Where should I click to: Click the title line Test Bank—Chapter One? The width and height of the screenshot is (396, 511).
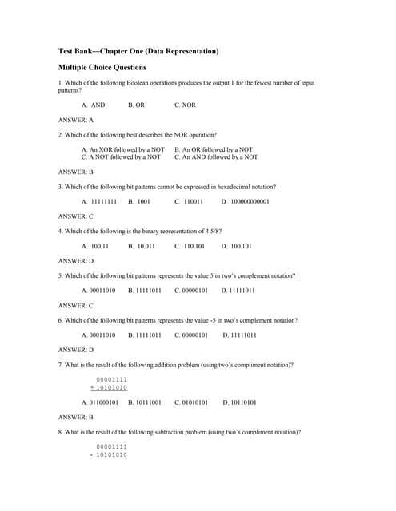pos(138,51)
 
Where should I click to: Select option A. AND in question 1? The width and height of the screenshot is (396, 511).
pos(93,105)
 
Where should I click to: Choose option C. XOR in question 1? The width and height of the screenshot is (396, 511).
pos(185,105)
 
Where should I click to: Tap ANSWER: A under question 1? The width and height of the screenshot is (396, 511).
pos(76,120)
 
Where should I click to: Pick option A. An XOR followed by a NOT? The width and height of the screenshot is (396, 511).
pos(123,149)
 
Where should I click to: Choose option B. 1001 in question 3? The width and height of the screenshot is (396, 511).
pos(139,201)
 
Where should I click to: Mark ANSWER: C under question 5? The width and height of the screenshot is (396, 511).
pos(76,305)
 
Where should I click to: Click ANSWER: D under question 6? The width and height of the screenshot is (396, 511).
pos(76,350)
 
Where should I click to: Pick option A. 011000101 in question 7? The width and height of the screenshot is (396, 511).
pos(100,402)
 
